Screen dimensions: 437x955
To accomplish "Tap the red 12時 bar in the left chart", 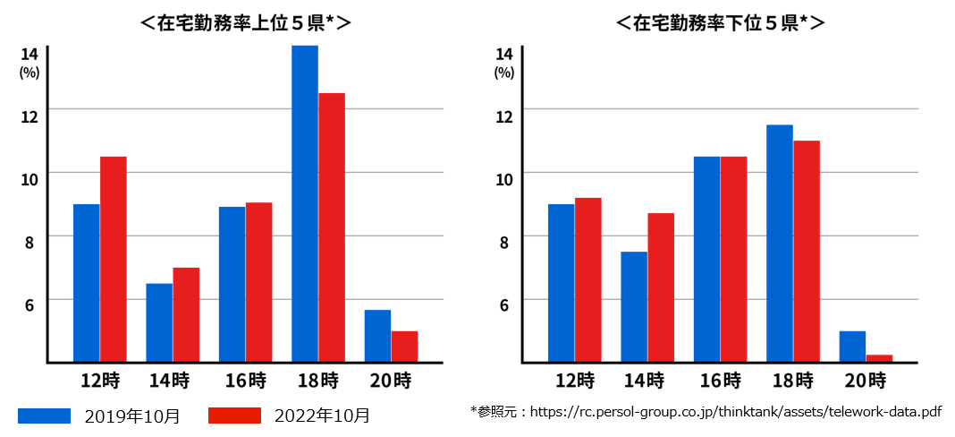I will pyautogui.click(x=113, y=259).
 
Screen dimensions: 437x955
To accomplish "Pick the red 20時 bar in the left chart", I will pyautogui.click(x=404, y=347).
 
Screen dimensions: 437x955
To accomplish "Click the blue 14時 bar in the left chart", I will pyautogui.click(x=159, y=322).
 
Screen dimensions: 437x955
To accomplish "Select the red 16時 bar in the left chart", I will pyautogui.click(x=258, y=282).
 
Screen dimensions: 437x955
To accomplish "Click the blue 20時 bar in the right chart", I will pyautogui.click(x=852, y=347).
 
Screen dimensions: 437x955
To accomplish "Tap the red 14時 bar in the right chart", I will pyautogui.click(x=661, y=287).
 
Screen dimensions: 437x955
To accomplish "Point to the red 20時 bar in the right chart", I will pyautogui.click(x=879, y=358).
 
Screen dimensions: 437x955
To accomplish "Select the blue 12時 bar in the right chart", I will pyautogui.click(x=561, y=283).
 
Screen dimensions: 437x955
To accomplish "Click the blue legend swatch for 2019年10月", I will pyautogui.click(x=44, y=416).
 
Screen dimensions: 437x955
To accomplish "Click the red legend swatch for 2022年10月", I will pyautogui.click(x=234, y=416).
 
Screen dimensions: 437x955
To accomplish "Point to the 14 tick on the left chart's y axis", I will pyautogui.click(x=30, y=54).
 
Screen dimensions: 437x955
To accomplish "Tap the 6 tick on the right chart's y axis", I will pyautogui.click(x=504, y=304).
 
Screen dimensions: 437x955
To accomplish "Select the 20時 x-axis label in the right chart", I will pyautogui.click(x=865, y=381).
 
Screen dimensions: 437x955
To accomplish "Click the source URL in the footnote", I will pyautogui.click(x=735, y=412).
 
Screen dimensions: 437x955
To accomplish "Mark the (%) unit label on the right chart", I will pyautogui.click(x=504, y=73).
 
